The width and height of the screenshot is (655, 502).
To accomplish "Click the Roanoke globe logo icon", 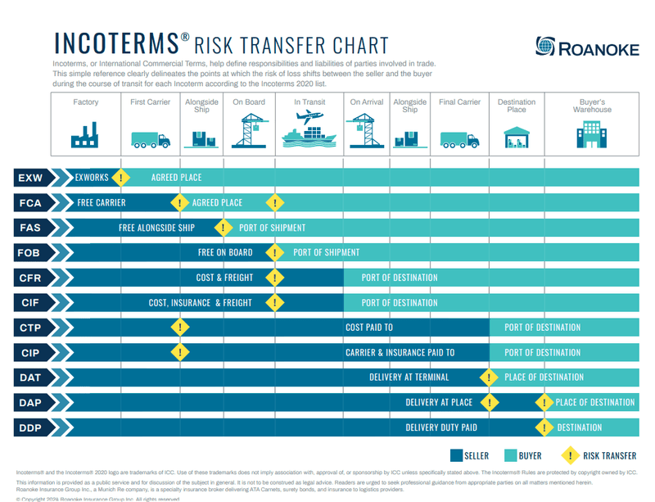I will (545, 47).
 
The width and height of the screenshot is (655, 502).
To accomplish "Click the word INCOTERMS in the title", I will (115, 43).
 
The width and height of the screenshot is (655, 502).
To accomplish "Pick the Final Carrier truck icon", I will (459, 139).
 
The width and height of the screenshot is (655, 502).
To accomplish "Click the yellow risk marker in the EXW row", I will (121, 177).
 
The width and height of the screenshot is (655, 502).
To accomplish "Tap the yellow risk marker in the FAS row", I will (222, 227).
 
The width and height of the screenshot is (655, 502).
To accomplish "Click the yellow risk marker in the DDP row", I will (542, 427).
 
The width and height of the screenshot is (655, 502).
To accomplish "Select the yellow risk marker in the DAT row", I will (489, 378).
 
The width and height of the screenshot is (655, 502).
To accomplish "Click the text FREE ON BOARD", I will (225, 252).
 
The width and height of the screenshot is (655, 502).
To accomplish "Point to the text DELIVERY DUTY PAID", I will (441, 427).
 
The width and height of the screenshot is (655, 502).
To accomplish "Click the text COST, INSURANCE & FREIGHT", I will (201, 302).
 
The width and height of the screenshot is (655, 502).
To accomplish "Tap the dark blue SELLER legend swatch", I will (456, 455).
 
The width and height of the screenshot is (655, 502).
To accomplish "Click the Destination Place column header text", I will (517, 106).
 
